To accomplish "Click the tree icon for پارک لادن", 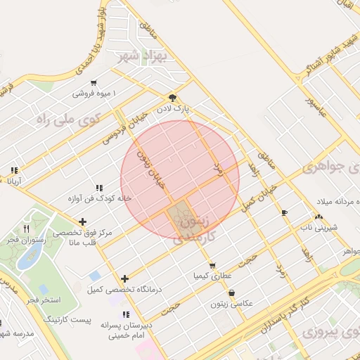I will click(173, 98).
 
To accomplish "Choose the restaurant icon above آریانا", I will click(14, 170).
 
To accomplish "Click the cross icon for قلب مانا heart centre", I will click(83, 222).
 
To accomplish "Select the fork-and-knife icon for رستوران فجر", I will click(27, 228).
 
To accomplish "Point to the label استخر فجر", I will click(44, 300).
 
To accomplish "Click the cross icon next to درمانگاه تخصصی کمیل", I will click(125, 278).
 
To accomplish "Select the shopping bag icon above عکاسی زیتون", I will click(232, 292).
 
